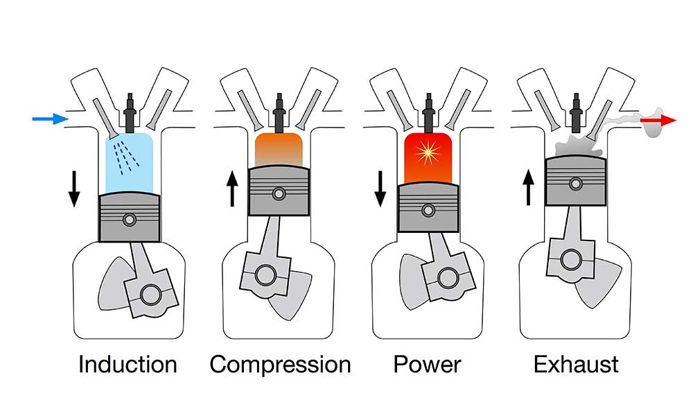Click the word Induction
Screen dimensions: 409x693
(x=128, y=364)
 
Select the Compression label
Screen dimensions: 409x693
(x=280, y=364)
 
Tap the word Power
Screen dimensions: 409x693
(x=427, y=364)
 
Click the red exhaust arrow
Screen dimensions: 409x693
(x=657, y=121)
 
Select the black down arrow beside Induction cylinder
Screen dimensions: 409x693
(x=73, y=189)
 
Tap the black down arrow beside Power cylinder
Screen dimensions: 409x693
(x=380, y=189)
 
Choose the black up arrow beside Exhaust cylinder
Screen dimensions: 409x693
(x=529, y=188)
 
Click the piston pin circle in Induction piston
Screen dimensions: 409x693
(x=129, y=220)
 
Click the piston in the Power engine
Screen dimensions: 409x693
(x=428, y=206)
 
